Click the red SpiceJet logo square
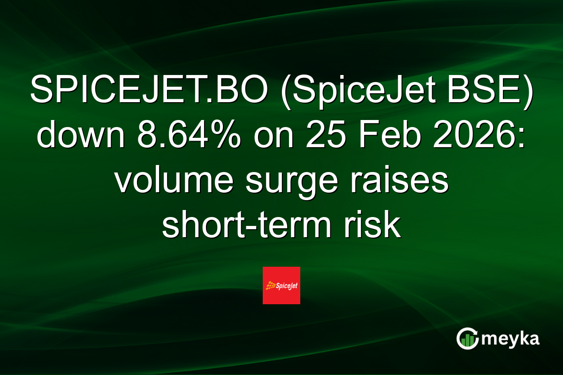(x=281, y=285)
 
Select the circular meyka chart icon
(x=467, y=338)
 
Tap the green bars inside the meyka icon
(x=467, y=340)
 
